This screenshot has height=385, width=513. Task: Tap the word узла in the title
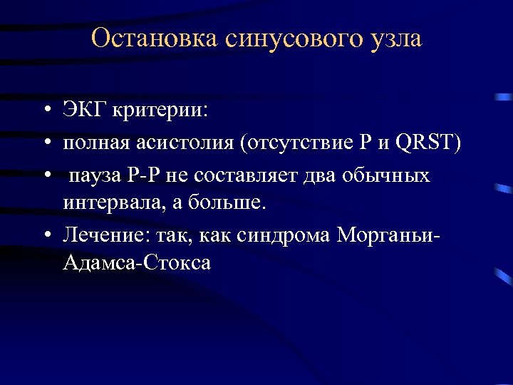(x=395, y=38)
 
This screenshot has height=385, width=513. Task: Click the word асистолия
(x=185, y=143)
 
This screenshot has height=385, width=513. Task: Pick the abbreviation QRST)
(x=429, y=143)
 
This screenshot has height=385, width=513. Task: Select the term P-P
(x=147, y=175)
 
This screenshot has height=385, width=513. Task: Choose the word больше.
(x=229, y=202)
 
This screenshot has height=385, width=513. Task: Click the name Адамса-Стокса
(x=137, y=262)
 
